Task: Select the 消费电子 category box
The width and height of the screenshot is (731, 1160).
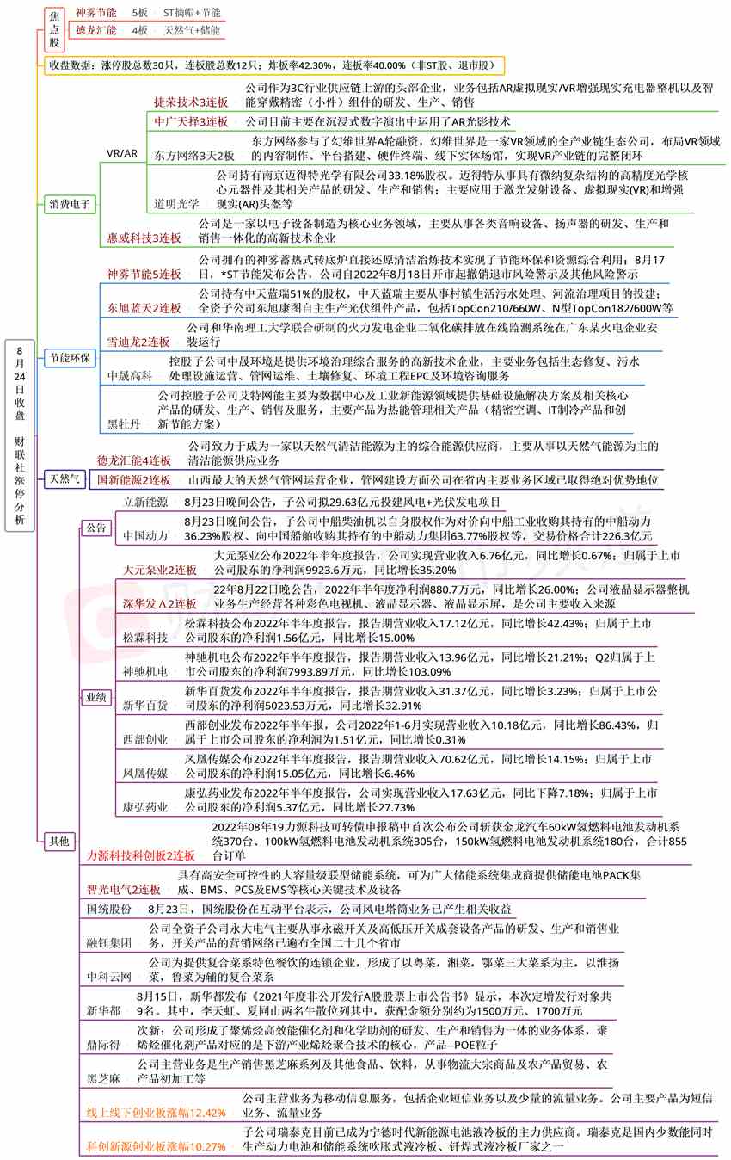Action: tap(71, 204)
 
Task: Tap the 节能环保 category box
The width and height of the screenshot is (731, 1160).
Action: tap(71, 357)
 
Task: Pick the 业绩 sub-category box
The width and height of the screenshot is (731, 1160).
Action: tap(95, 698)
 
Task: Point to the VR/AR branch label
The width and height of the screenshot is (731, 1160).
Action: tap(122, 153)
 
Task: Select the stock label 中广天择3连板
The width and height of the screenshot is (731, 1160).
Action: tap(192, 122)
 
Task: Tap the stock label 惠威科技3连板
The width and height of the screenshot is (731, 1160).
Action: tap(144, 238)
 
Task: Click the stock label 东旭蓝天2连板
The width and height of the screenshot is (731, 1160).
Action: tap(144, 307)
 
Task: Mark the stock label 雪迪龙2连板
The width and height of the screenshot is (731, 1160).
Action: tap(138, 342)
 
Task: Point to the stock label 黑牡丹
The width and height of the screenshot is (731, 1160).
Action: tap(123, 424)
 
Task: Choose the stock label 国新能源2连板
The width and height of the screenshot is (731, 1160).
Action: tap(134, 479)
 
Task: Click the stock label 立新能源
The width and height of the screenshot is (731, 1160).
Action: tap(146, 501)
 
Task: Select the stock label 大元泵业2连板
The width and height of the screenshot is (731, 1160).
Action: tap(160, 570)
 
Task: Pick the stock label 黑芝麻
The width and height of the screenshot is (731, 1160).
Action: tap(104, 1077)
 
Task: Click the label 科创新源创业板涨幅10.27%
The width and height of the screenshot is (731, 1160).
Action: tap(157, 1146)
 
